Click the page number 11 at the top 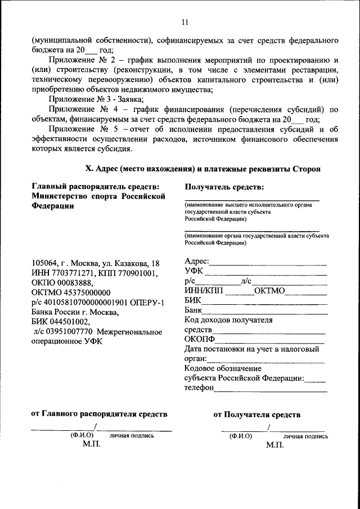point(184,22)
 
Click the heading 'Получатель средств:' point(224,186)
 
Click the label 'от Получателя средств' point(256,415)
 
